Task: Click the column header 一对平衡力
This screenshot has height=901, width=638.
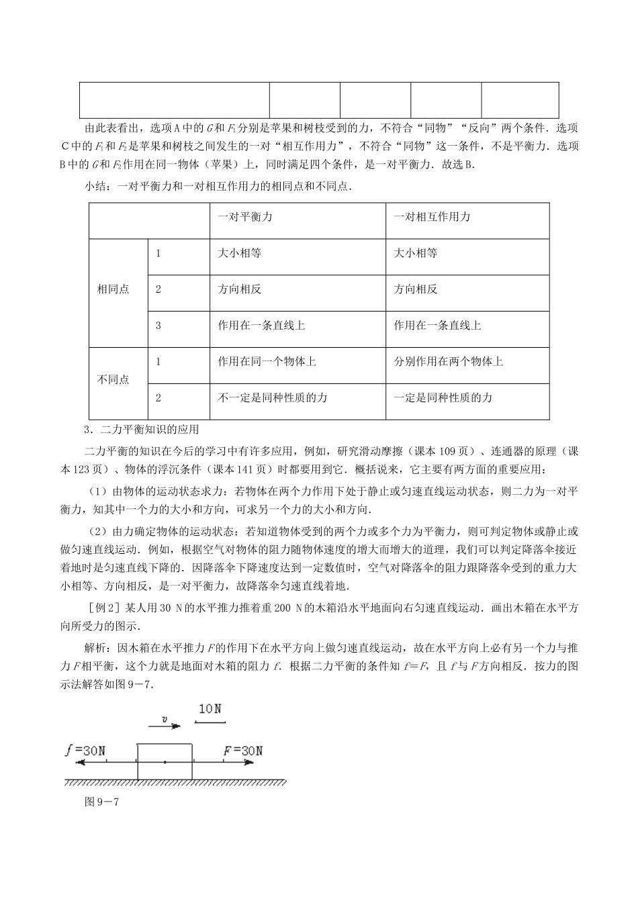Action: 244,218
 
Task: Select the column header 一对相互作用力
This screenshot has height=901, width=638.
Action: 432,218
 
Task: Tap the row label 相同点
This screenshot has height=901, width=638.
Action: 113,290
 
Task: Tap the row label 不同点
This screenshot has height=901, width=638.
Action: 113,380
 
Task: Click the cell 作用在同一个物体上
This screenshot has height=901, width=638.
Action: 267,362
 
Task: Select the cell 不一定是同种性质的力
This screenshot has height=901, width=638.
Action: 272,398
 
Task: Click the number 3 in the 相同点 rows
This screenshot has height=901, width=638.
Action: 158,326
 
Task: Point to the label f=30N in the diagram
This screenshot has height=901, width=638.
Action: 85,751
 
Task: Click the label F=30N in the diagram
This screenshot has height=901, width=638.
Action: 243,751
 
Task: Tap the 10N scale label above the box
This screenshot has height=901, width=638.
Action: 210,708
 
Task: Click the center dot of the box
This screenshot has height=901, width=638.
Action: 165,762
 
